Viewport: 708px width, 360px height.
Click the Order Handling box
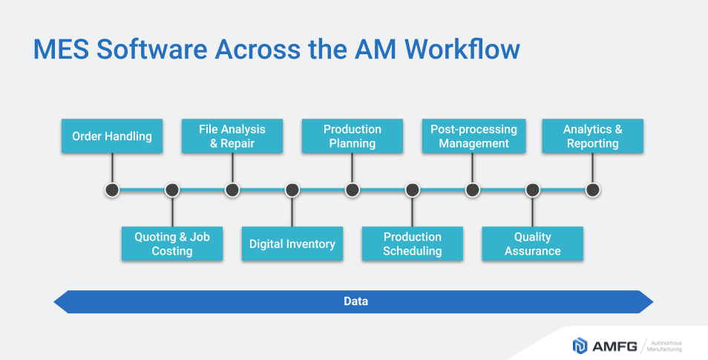(112, 137)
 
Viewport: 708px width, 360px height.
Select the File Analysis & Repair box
(232, 137)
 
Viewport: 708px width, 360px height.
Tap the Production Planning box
(353, 137)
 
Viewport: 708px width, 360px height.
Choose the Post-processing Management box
(473, 137)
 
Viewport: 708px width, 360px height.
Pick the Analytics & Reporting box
(593, 137)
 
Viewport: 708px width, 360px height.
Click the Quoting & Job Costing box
(172, 244)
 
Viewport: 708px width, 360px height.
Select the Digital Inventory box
(292, 244)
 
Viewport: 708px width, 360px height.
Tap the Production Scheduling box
(413, 244)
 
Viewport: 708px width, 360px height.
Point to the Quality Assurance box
(533, 244)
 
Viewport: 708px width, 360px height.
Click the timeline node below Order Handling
(112, 190)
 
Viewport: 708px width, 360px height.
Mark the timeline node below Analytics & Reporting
(593, 190)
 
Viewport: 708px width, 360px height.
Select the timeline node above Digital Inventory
(292, 190)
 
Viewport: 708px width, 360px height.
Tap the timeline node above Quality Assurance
(533, 190)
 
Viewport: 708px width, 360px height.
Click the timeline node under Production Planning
(353, 190)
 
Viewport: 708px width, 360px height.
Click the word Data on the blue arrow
(355, 301)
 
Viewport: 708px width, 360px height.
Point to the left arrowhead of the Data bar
(61, 301)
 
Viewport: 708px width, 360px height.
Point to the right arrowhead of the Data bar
(646, 301)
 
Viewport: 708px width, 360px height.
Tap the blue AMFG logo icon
(580, 345)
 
